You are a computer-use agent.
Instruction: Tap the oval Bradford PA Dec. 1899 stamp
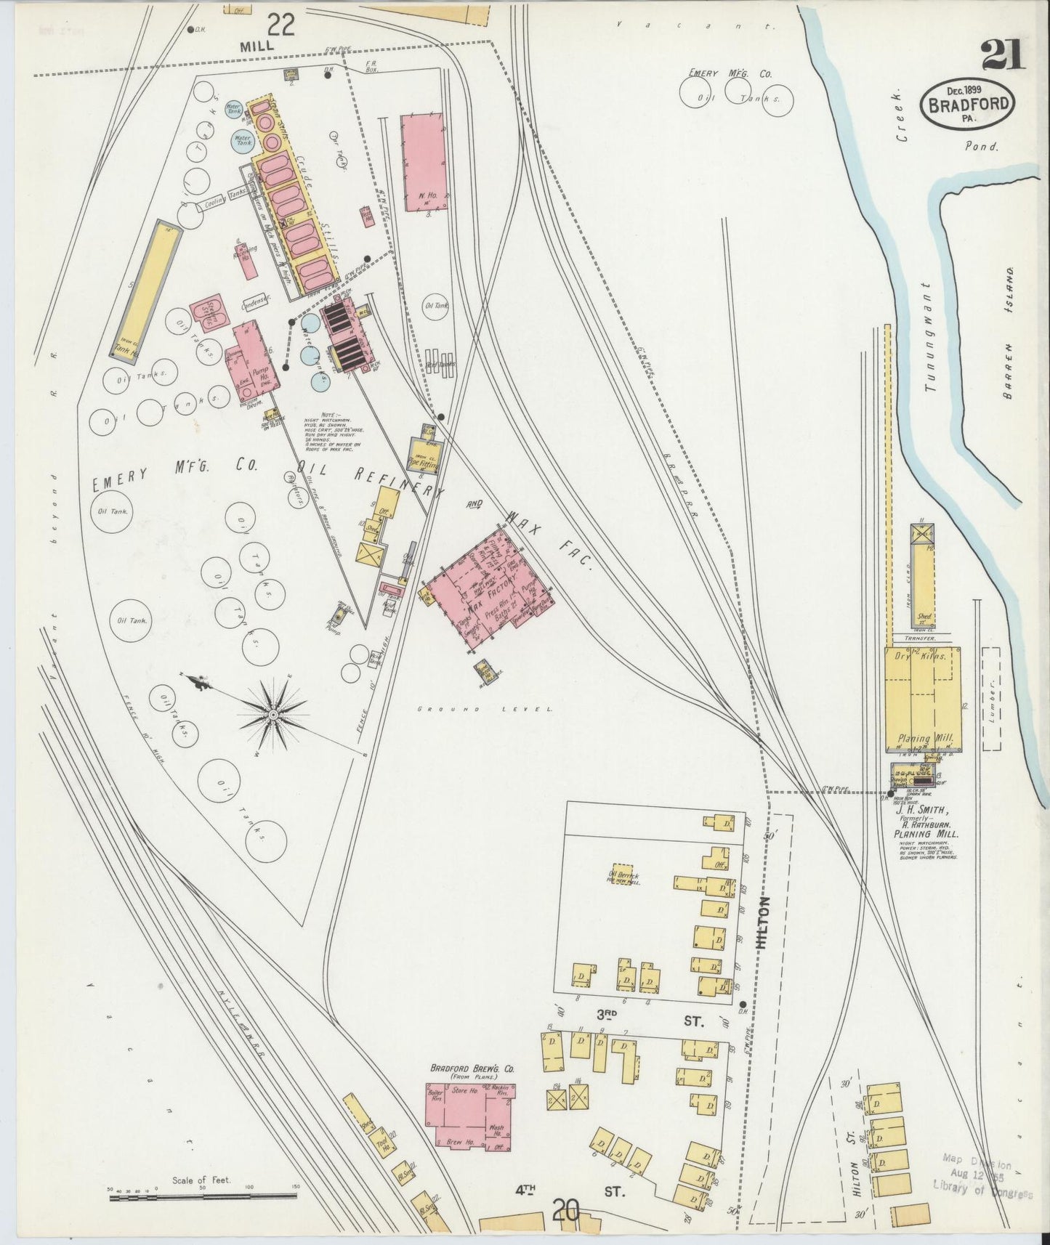[x=967, y=104]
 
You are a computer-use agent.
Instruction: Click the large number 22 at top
[x=280, y=27]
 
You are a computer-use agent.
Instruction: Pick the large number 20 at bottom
[x=565, y=1211]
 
